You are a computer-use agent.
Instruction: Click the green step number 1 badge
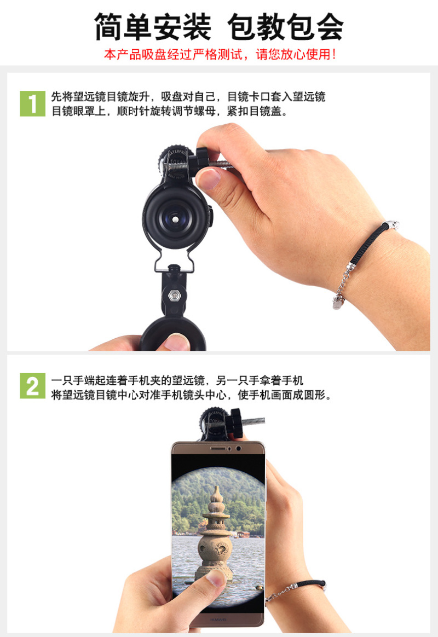point(32,103)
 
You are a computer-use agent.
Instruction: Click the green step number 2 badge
point(32,386)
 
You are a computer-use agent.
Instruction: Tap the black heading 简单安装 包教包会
point(219,27)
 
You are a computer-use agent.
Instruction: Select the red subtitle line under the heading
point(220,54)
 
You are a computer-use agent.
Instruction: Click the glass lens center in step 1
point(175,219)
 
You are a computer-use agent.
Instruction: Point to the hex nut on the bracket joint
point(175,295)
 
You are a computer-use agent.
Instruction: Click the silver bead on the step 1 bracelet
point(391,225)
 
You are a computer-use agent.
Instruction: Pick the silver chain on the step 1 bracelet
point(342,285)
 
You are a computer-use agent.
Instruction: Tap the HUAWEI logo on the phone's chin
point(218,619)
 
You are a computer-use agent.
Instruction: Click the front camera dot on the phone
point(238,449)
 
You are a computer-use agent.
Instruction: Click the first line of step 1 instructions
point(188,97)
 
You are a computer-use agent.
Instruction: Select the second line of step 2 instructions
point(191,395)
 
